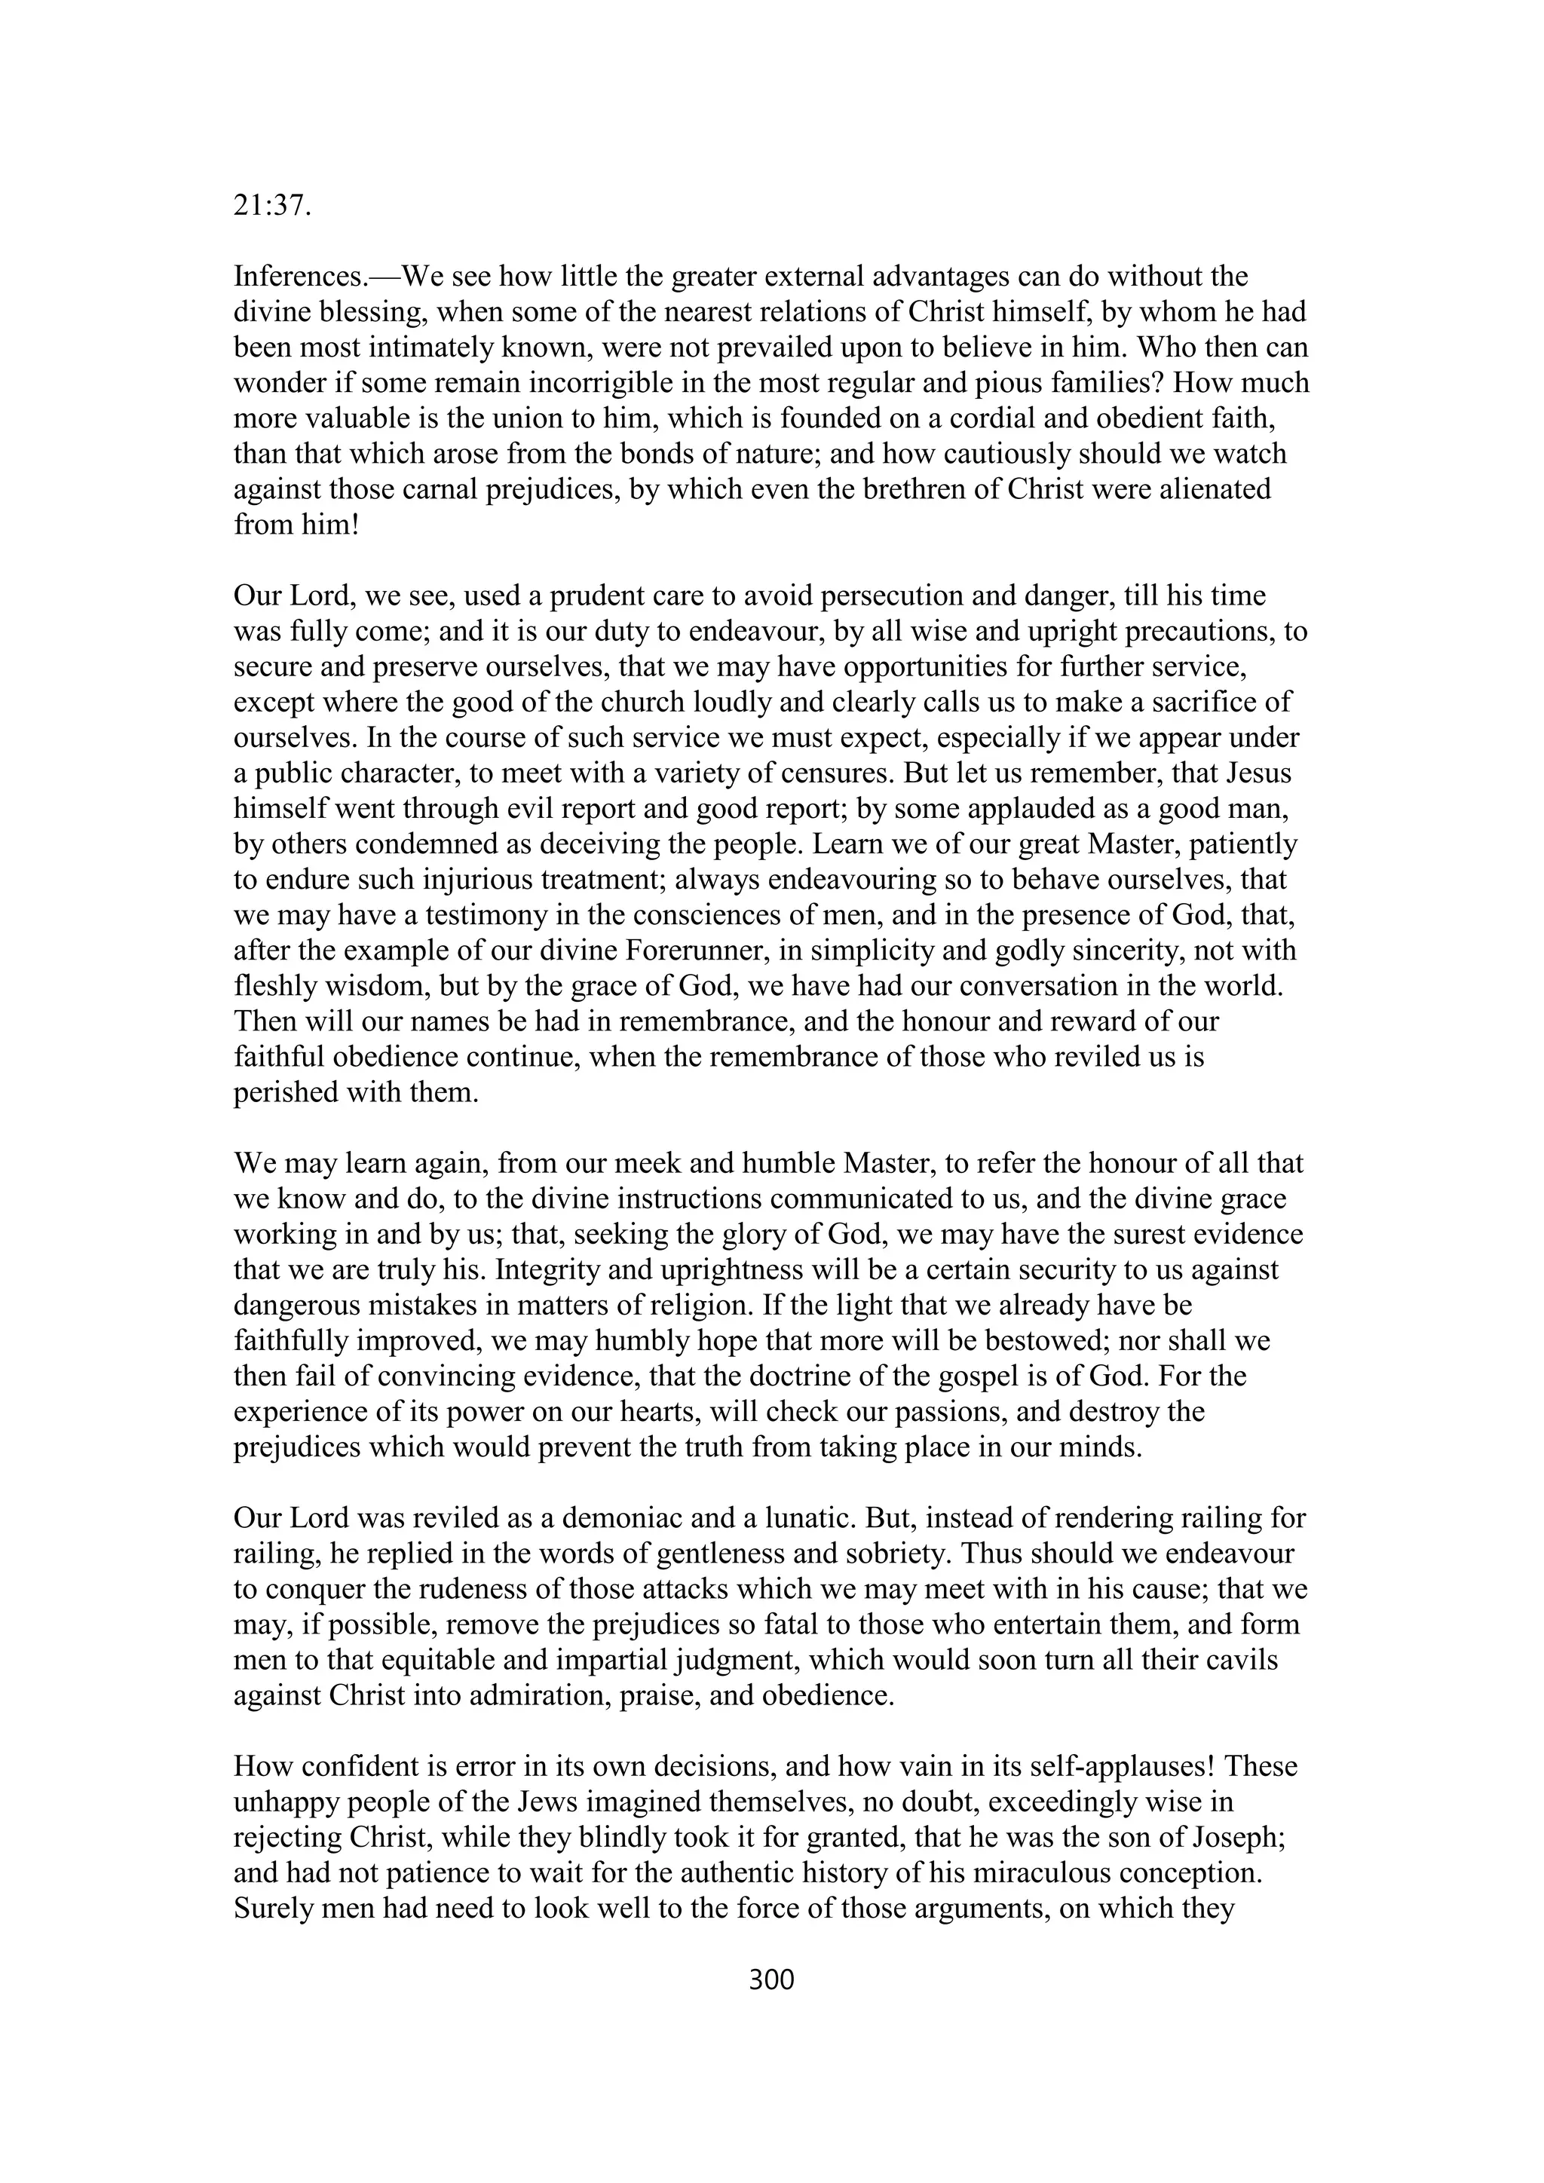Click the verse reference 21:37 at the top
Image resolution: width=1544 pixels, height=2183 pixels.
coord(272,207)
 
